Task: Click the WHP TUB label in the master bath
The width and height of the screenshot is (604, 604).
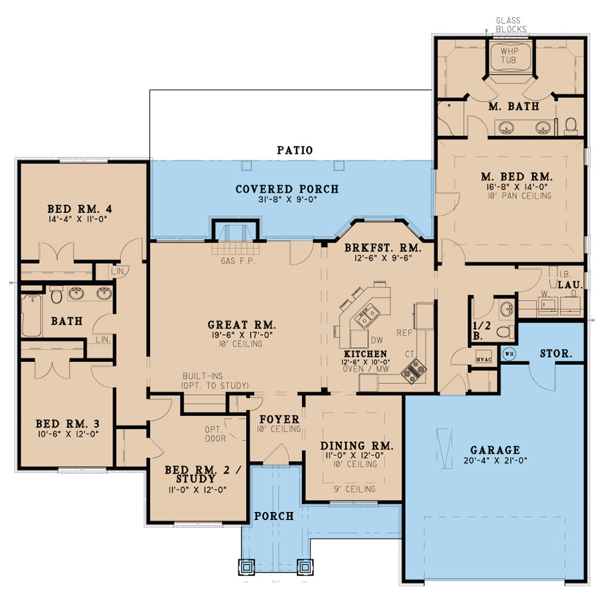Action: coord(509,55)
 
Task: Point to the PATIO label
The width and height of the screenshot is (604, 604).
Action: coord(294,151)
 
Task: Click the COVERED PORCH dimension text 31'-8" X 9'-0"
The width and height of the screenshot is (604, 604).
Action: coord(287,200)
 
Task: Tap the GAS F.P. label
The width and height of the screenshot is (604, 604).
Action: coord(238,261)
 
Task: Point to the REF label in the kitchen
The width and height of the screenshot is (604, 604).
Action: coord(405,333)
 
